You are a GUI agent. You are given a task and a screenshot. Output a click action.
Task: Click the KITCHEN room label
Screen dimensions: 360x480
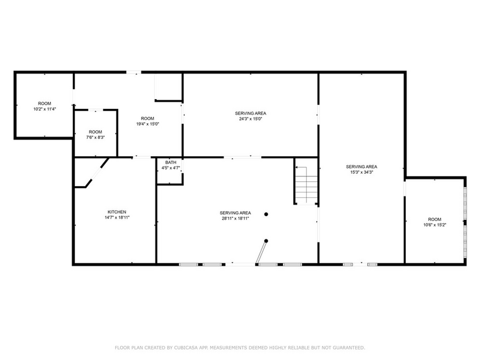tap(117, 212)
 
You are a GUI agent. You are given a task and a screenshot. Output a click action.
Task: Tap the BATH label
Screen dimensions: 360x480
tap(170, 162)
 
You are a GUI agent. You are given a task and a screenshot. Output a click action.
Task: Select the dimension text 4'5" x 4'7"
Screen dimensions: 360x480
tap(170, 168)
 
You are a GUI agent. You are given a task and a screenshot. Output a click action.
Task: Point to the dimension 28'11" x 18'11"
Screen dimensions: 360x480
tap(236, 218)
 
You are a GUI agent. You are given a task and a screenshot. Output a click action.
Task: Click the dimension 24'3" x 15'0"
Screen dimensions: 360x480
tap(250, 119)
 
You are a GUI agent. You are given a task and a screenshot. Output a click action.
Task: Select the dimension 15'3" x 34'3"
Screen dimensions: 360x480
tap(361, 172)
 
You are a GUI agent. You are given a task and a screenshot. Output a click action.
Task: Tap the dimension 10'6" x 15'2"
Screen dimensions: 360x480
tap(434, 225)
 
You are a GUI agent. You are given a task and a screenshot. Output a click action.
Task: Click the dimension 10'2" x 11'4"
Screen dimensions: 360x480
tap(45, 109)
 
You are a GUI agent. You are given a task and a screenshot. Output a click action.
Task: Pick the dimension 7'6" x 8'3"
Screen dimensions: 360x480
tap(95, 138)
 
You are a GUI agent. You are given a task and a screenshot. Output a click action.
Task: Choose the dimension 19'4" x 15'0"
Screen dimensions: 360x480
tap(148, 124)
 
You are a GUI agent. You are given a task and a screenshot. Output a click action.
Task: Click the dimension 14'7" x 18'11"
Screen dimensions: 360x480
tap(117, 217)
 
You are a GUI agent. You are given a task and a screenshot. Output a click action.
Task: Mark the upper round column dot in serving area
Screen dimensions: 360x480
tap(266, 214)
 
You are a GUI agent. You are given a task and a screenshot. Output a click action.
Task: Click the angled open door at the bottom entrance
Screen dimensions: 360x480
tap(262, 252)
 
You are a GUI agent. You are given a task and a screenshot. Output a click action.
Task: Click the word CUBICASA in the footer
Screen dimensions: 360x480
tap(187, 347)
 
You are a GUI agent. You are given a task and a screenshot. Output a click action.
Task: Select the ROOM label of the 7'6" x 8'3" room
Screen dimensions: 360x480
tap(95, 132)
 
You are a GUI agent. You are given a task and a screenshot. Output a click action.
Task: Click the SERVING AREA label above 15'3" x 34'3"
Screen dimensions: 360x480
tap(361, 167)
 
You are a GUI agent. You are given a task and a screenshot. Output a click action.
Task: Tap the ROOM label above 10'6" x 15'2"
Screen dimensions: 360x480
tap(434, 219)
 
